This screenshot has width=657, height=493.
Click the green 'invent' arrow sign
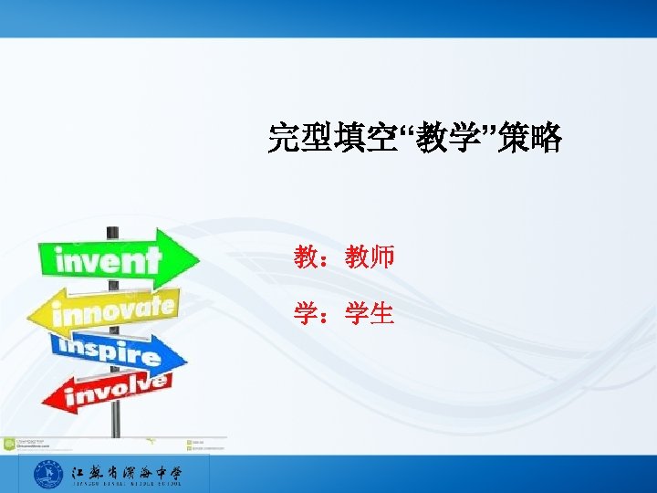click(x=114, y=260)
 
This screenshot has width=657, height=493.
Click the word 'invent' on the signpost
click(x=108, y=261)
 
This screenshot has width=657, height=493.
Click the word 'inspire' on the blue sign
click(x=108, y=350)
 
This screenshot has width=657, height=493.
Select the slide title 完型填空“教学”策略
click(x=414, y=139)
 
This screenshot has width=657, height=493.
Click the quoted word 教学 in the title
click(x=454, y=139)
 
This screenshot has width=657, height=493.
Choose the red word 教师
click(x=370, y=257)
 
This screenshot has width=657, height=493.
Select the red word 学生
click(x=370, y=314)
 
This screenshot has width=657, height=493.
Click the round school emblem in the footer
click(x=47, y=475)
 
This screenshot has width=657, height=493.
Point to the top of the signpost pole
click(x=113, y=229)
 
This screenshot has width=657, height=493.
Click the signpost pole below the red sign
click(x=116, y=422)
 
